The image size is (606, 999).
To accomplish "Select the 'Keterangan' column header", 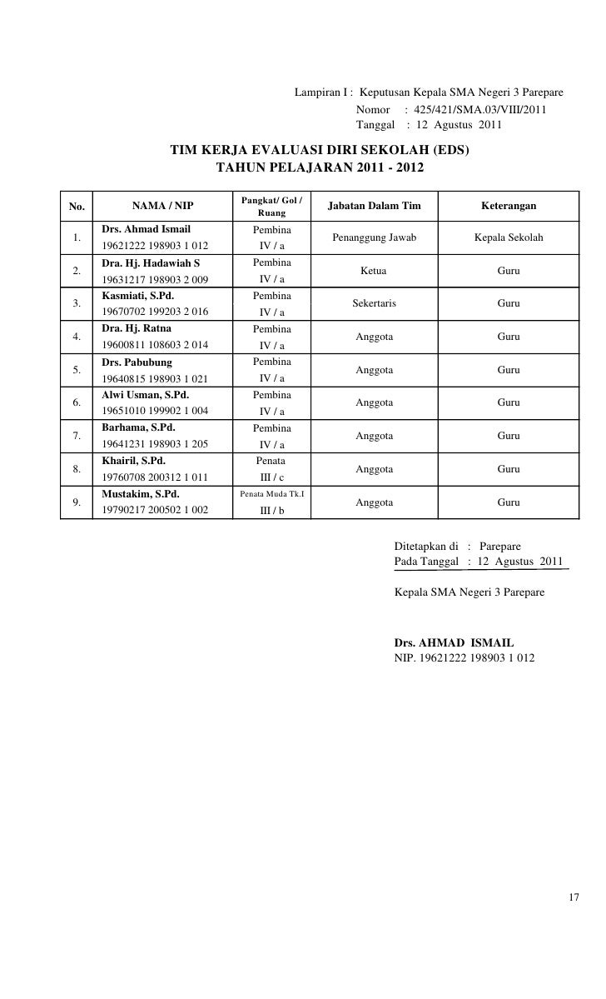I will [x=509, y=206].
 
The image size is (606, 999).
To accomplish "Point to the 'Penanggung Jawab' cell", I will [x=375, y=237].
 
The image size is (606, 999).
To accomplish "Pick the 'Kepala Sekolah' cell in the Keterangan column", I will [x=509, y=237].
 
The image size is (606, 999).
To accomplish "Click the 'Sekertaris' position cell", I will [x=375, y=303].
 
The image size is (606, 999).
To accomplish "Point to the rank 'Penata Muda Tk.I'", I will [x=271, y=494].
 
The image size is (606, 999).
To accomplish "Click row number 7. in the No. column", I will [x=77, y=436].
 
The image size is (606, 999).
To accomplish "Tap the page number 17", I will [x=574, y=898].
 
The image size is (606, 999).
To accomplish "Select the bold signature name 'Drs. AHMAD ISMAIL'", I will [x=454, y=643].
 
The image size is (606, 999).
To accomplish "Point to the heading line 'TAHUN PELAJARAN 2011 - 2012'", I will [x=320, y=167].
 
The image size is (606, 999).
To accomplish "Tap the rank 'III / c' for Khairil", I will [x=271, y=477].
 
